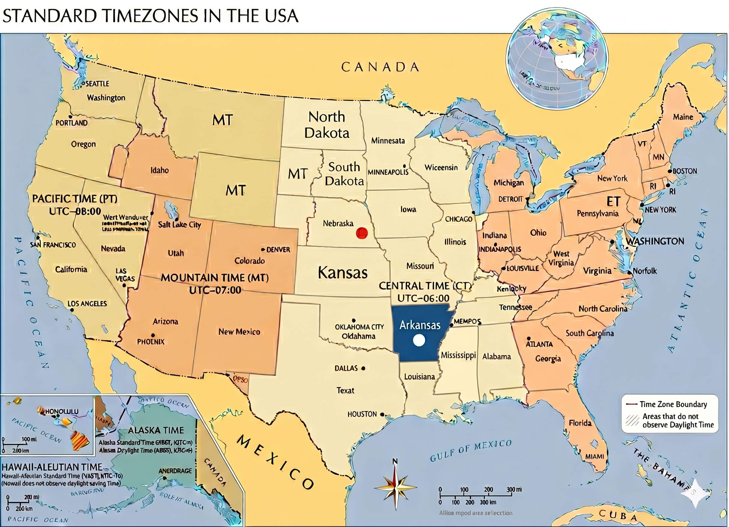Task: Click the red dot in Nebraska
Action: point(362,233)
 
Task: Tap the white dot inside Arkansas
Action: point(419,340)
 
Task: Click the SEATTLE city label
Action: point(97,84)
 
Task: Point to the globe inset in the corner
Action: point(557,58)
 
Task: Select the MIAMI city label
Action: point(594,456)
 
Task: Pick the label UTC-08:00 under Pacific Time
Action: point(75,211)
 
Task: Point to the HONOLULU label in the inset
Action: point(61,411)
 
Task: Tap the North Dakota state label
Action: point(326,125)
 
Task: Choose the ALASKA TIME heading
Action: point(156,430)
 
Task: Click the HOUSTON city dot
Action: point(382,415)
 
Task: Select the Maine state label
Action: point(683,117)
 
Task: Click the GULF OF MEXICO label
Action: point(471,451)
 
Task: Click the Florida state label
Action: point(580,422)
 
